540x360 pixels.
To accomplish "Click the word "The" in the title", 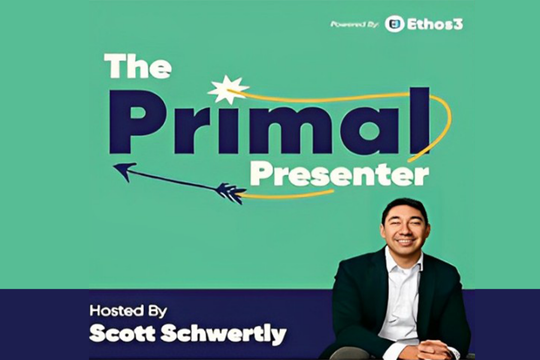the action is [138, 66].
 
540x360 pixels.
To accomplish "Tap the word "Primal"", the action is [269, 121].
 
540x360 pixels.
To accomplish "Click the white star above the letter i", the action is [228, 89].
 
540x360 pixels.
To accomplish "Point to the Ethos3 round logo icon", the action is [394, 24].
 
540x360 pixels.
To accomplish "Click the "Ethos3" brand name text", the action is [435, 24].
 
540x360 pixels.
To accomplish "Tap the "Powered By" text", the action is [354, 25].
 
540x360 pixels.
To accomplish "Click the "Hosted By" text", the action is [128, 311].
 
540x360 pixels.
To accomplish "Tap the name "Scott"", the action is [122, 334].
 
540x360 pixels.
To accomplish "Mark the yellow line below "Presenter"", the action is [285, 194].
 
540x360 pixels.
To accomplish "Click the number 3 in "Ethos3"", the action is [458, 24].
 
